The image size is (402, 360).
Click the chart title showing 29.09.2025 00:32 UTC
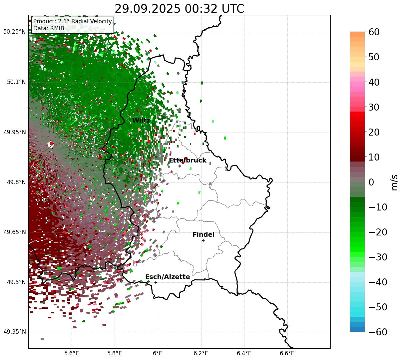(x=179, y=9)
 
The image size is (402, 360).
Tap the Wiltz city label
(x=141, y=121)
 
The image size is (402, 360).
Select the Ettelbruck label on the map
(x=188, y=161)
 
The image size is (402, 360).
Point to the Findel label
(x=203, y=235)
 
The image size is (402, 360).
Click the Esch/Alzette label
(x=168, y=277)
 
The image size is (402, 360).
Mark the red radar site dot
(x=51, y=144)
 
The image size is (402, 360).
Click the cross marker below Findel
(x=203, y=240)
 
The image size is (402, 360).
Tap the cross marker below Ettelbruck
(x=180, y=166)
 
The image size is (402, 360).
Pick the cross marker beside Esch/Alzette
(x=156, y=282)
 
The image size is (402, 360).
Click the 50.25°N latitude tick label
(x=15, y=32)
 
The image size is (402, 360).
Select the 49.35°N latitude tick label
(x=15, y=332)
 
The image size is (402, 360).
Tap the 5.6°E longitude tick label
(x=72, y=353)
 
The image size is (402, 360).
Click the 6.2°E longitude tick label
(x=201, y=353)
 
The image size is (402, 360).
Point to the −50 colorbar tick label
(x=378, y=307)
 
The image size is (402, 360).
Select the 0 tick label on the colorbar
(x=371, y=182)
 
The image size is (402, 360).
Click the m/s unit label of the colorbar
(x=395, y=182)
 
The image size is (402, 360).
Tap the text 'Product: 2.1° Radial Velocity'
(x=73, y=22)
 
